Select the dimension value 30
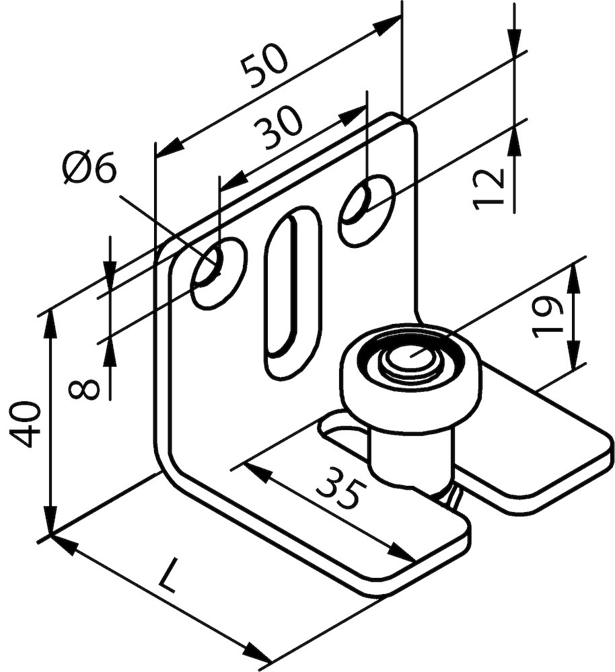pyautogui.click(x=277, y=127)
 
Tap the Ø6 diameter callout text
pyautogui.click(x=91, y=168)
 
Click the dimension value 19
pyautogui.click(x=547, y=317)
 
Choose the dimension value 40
pyautogui.click(x=26, y=424)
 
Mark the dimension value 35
pyautogui.click(x=340, y=488)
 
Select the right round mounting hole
pyautogui.click(x=367, y=210)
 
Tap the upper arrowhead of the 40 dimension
pyautogui.click(x=51, y=325)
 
